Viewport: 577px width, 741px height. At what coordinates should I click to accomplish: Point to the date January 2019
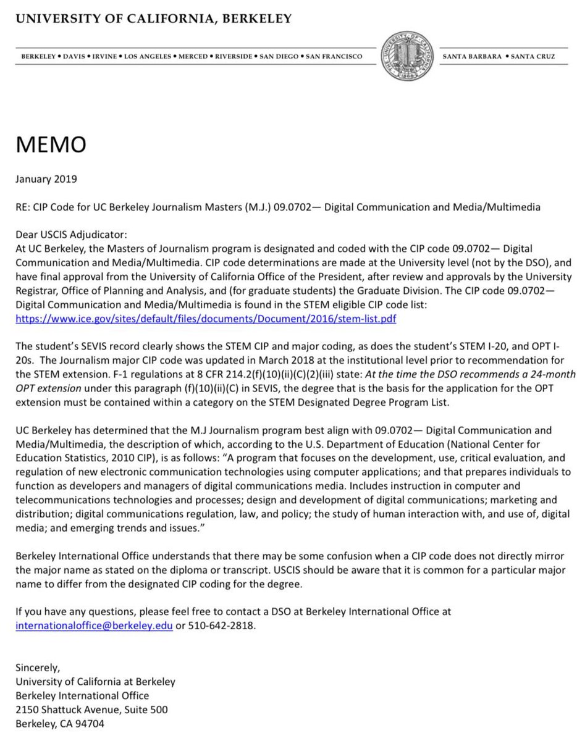click(x=46, y=180)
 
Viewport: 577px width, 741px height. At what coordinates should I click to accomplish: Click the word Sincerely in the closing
click(x=37, y=668)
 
